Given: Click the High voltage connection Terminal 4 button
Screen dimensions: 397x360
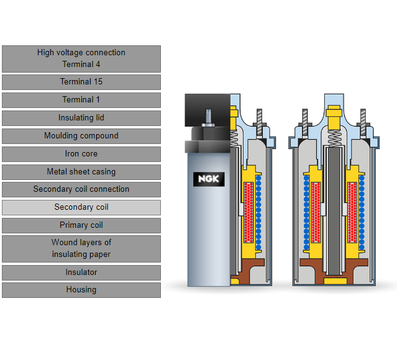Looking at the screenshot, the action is point(81,59).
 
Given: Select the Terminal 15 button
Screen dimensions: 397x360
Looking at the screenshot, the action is point(81,82).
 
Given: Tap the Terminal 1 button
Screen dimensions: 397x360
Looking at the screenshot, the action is point(81,100).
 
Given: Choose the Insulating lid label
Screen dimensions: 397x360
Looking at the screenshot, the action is point(81,118).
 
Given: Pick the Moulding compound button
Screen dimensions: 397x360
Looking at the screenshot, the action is point(81,136).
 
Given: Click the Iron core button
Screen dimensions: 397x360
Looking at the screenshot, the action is point(81,154).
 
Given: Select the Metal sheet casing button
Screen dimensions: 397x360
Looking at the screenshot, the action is point(81,172).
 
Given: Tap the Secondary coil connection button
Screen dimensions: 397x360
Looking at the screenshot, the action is point(81,189).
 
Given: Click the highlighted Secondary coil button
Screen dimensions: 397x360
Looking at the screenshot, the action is point(81,207).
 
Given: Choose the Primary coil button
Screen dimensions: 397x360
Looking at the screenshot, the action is point(81,225).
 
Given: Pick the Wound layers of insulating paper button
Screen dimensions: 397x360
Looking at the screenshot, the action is point(81,249).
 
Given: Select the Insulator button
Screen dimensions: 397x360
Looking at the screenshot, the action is point(81,272).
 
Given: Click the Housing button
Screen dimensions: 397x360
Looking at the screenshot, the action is point(81,290).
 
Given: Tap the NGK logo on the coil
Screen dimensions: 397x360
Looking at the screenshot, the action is point(209,179).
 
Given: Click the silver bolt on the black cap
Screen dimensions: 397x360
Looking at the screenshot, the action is point(208,118).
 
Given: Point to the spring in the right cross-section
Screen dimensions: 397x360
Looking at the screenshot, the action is point(334,138).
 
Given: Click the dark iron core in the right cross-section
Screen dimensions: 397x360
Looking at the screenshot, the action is point(334,211).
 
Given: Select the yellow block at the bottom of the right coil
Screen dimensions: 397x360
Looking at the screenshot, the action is point(335,281).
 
